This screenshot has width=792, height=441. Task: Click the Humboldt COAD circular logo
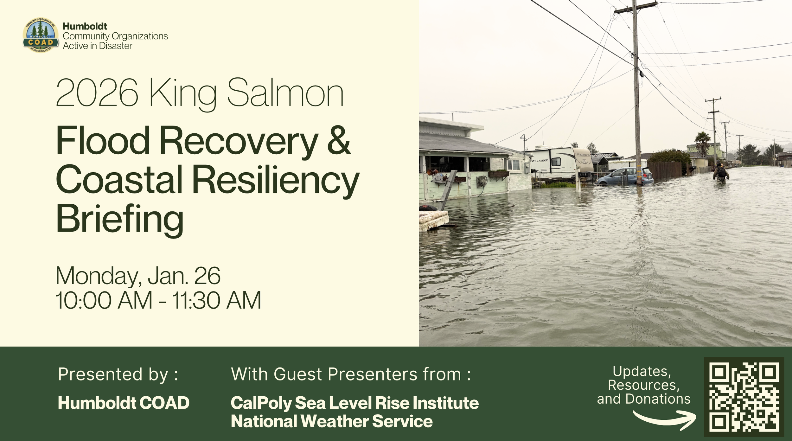click(x=41, y=35)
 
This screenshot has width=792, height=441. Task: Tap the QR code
click(x=744, y=397)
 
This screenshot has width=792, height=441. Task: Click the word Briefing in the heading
click(x=120, y=219)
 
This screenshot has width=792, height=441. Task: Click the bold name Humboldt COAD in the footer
click(x=124, y=403)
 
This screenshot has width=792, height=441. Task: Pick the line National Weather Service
click(x=331, y=421)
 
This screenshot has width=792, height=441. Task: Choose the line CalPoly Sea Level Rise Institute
click(x=354, y=403)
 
